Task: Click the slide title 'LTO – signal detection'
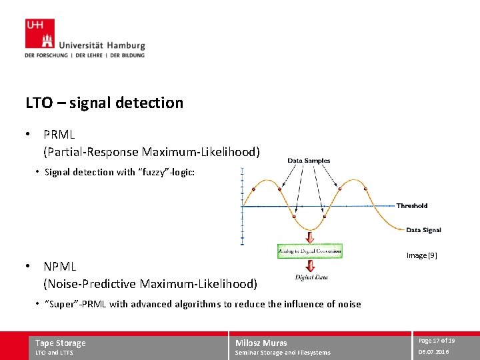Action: click(x=104, y=103)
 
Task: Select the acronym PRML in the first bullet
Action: click(x=59, y=135)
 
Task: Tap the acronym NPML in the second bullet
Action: click(x=60, y=267)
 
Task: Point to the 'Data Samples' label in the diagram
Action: click(x=309, y=161)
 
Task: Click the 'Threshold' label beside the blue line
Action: click(x=412, y=205)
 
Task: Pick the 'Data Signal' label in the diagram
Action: click(x=423, y=230)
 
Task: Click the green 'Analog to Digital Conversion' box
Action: click(x=310, y=251)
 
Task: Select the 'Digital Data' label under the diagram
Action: click(x=309, y=277)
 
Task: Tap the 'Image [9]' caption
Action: click(x=422, y=255)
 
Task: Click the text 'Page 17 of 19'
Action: click(x=437, y=341)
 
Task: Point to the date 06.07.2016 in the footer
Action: click(x=433, y=352)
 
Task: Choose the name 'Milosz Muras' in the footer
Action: click(x=261, y=343)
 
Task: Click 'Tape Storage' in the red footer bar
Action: click(x=61, y=343)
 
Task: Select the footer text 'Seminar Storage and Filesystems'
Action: click(x=283, y=353)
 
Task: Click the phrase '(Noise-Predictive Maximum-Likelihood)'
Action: click(x=150, y=284)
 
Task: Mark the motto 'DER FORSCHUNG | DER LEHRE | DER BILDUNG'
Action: click(x=85, y=55)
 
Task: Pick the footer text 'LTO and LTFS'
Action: click(x=54, y=353)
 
